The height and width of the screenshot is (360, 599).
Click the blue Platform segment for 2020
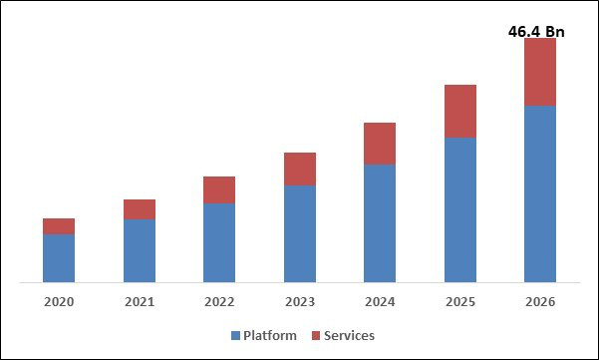pos(59,258)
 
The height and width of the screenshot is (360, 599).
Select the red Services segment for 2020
pos(59,226)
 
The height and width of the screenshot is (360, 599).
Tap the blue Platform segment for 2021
pos(140,250)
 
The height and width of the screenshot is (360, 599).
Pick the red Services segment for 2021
pos(140,209)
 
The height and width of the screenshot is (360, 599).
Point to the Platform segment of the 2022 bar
pos(219,242)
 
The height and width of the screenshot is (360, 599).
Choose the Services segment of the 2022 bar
pos(219,189)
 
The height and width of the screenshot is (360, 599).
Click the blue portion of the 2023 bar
pos(300,233)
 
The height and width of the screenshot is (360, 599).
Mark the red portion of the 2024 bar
pos(380,144)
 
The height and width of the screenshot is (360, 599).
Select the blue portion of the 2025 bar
pos(460,209)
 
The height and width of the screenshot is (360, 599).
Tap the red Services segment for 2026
pos(540,72)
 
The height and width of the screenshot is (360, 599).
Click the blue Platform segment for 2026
pos(540,193)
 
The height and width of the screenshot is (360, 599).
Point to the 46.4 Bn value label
pos(530,32)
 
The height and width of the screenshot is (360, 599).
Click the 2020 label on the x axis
pos(59,301)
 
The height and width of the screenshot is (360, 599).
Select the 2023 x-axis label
pos(300,301)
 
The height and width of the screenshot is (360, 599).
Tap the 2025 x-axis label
pos(460,301)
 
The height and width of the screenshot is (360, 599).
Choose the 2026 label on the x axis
pos(540,301)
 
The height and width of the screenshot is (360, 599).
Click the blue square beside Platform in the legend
pos(236,336)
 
